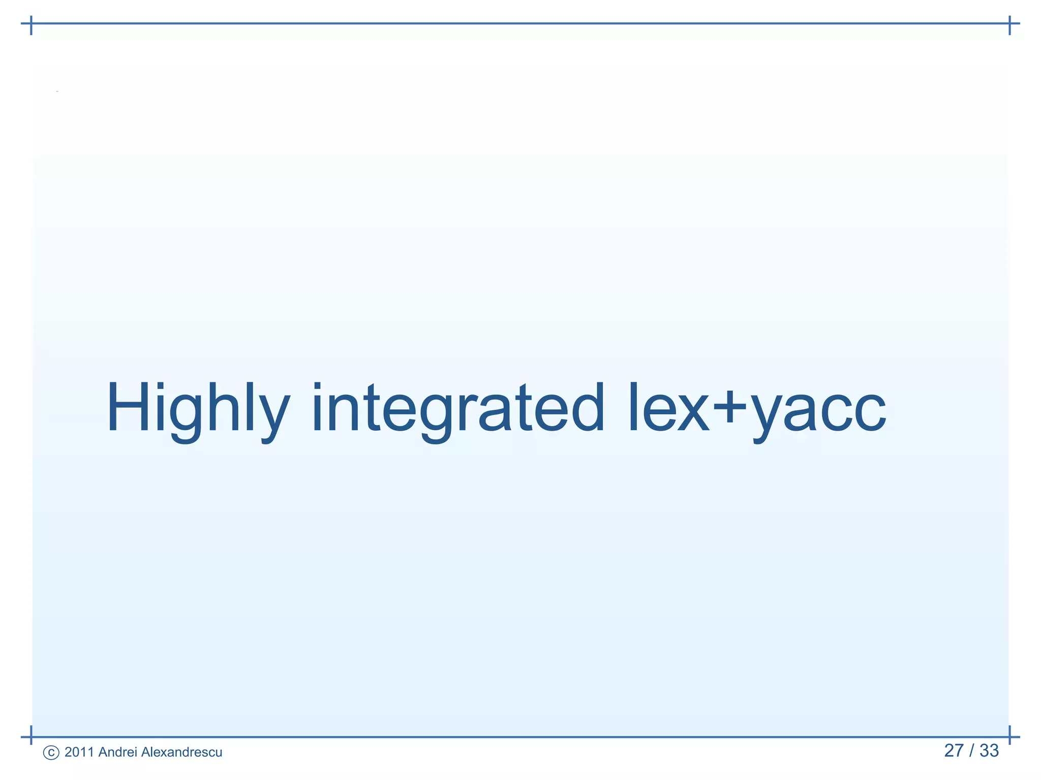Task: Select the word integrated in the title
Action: tap(458, 409)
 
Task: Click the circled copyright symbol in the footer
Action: tap(51, 753)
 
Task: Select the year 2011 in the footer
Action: tap(79, 752)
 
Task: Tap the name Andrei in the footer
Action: tap(117, 752)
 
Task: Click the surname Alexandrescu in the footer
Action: tap(181, 752)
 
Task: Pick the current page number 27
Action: tap(954, 751)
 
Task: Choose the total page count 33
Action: tap(989, 751)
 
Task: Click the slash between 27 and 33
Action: tap(971, 751)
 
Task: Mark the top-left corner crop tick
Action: tap(32, 24)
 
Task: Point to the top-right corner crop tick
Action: tap(1009, 24)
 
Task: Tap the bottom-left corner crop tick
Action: tap(32, 736)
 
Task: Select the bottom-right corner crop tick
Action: tap(1009, 736)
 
